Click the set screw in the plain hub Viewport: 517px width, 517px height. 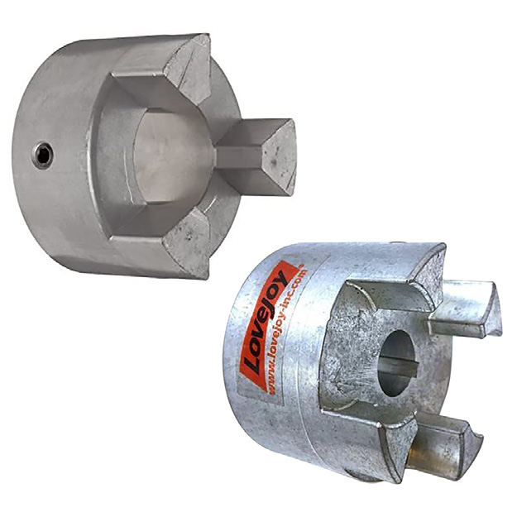[43, 156]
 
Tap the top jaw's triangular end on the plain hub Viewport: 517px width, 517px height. [189, 69]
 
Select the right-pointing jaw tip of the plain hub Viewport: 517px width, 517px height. [280, 156]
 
